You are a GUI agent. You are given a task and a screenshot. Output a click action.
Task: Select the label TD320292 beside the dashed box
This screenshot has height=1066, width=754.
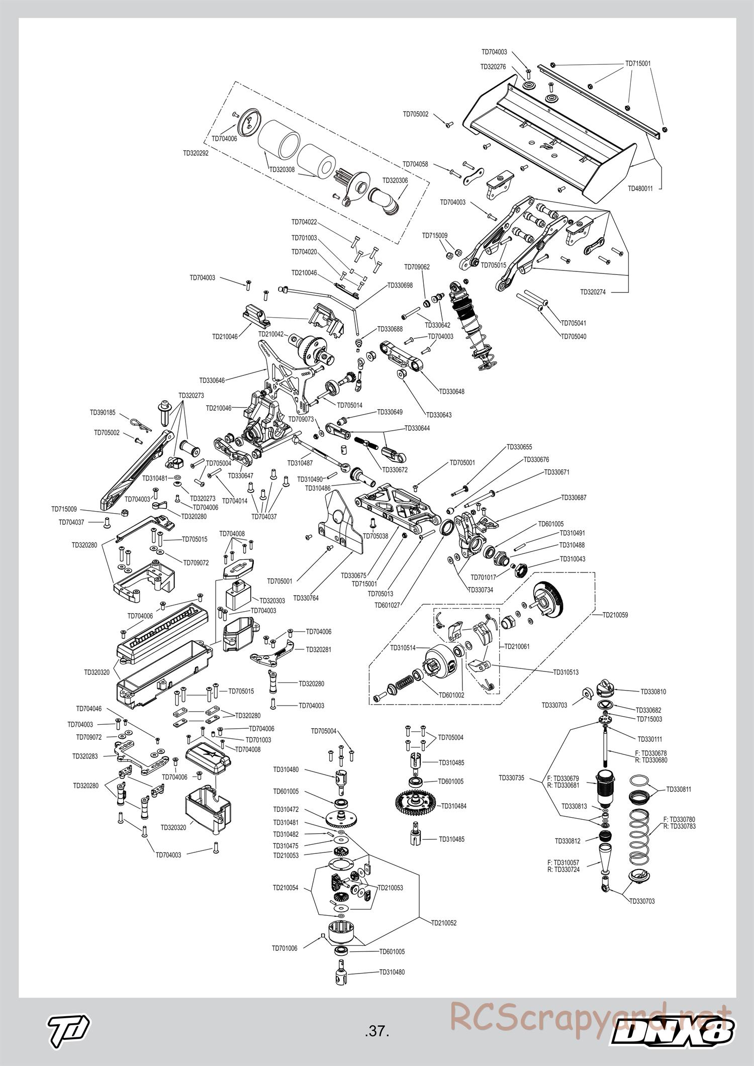click(196, 153)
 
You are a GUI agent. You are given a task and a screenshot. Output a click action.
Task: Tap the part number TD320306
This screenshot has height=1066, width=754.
click(395, 180)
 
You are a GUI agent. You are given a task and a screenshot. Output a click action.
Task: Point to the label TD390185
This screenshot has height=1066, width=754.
click(103, 412)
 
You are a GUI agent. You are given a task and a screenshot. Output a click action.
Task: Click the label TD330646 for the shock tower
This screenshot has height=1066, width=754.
click(212, 380)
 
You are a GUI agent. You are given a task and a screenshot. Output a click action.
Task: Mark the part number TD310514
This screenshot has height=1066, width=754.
click(403, 648)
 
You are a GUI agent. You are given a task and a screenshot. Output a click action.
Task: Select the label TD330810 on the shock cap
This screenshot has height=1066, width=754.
click(653, 692)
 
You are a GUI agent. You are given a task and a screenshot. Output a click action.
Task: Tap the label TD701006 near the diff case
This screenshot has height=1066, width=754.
click(285, 948)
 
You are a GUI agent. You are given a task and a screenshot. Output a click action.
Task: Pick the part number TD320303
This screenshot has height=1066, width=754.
click(272, 601)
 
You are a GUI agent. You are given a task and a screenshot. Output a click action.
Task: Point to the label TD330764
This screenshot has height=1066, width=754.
click(306, 598)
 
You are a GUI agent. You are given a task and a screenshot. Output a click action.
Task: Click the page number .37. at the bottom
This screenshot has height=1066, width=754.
click(378, 1032)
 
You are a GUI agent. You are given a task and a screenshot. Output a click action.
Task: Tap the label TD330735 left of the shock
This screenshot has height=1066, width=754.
click(511, 778)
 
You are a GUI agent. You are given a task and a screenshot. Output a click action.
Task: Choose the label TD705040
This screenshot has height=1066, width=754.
click(574, 336)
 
